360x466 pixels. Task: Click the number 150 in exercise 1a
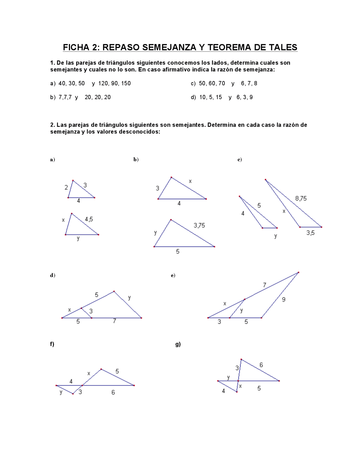[x=126, y=83]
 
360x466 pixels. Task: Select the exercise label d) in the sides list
[x=193, y=97]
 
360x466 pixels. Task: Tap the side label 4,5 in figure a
[x=89, y=219]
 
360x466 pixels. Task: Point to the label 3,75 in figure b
[x=199, y=225]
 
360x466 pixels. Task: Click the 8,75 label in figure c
[x=301, y=198]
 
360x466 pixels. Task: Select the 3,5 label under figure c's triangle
[x=310, y=233]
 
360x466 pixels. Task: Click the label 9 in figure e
[x=283, y=300]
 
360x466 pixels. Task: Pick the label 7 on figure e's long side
[x=264, y=285]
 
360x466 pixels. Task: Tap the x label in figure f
[x=89, y=373]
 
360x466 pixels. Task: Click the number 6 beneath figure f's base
[x=113, y=392]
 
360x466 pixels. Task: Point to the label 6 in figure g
[x=261, y=365]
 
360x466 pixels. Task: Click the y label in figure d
[x=129, y=297]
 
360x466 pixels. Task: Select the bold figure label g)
[x=178, y=344]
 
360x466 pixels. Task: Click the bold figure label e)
[x=173, y=275]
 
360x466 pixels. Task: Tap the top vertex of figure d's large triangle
[x=114, y=291]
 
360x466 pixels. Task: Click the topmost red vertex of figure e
[x=298, y=272]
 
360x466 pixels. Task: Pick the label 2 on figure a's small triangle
[x=66, y=187]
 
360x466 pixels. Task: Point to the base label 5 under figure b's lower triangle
[x=177, y=251]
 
